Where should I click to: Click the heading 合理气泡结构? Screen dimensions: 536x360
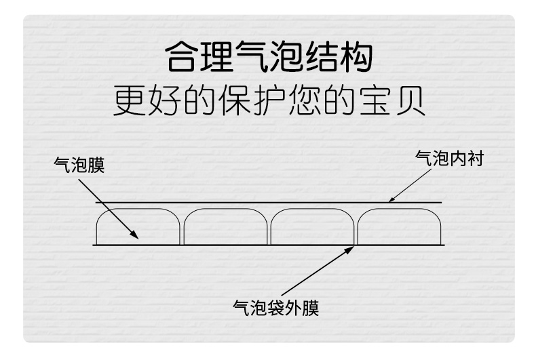[x=269, y=59]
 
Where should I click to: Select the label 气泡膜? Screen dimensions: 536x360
[x=79, y=165]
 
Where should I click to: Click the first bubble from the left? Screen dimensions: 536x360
[x=138, y=226]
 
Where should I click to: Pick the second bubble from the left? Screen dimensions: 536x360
[x=225, y=226]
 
